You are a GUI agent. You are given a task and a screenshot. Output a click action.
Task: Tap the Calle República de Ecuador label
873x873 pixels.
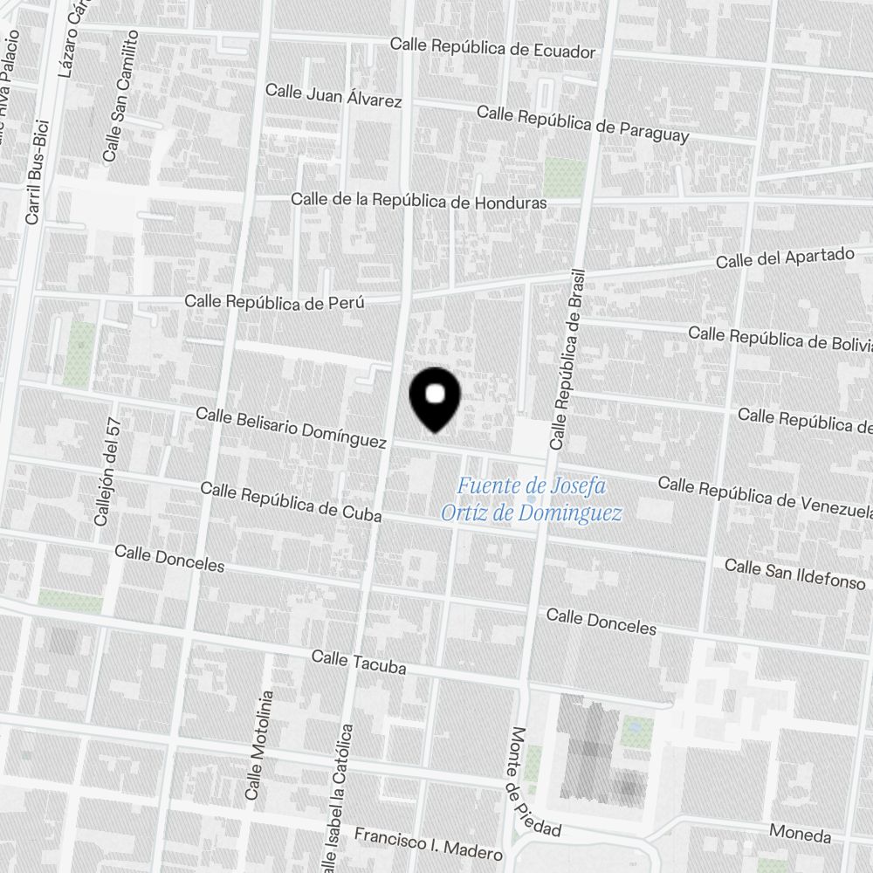pyautogui.click(x=492, y=47)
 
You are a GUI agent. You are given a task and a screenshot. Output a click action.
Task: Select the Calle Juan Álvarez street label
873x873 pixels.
pyautogui.click(x=333, y=95)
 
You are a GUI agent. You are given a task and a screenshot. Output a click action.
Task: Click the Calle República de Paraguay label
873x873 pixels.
pyautogui.click(x=583, y=124)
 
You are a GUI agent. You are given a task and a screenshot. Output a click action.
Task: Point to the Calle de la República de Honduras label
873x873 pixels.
pyautogui.click(x=419, y=201)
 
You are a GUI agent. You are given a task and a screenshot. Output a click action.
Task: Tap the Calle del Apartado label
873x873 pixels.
pyautogui.click(x=785, y=258)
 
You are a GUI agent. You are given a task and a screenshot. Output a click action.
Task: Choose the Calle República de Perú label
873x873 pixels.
pyautogui.click(x=274, y=302)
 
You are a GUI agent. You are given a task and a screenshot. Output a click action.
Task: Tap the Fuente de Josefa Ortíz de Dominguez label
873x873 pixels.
pyautogui.click(x=532, y=498)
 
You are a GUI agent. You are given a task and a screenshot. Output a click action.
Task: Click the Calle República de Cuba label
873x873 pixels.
pyautogui.click(x=291, y=501)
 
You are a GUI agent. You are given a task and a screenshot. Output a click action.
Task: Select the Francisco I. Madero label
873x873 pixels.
pyautogui.click(x=428, y=842)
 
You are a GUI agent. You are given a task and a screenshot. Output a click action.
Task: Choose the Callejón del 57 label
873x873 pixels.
pyautogui.click(x=107, y=471)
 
